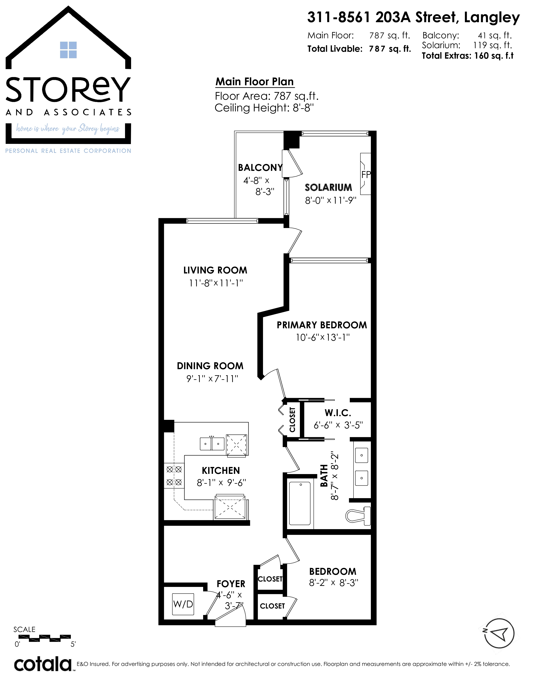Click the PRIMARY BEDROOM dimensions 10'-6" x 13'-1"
[323, 337]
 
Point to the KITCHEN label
[221, 471]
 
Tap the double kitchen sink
[212, 443]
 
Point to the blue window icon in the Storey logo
[68, 50]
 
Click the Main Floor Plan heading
[255, 82]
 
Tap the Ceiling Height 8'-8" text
[264, 108]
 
